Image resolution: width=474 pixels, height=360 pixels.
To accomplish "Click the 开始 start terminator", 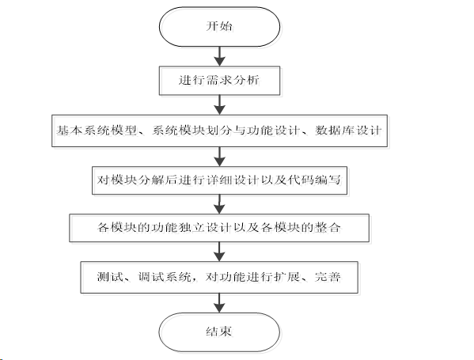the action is point(219,27).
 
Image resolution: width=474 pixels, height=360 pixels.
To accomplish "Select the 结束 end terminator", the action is point(219,332).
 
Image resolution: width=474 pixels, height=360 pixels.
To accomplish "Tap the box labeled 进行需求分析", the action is point(219,81).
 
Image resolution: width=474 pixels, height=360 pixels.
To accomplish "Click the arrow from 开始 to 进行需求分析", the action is point(219,56).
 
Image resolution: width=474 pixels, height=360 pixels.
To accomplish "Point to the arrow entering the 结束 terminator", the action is point(219,303).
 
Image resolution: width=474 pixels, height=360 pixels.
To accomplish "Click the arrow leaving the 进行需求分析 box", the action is point(219,105).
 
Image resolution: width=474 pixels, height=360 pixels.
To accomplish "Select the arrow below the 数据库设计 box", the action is point(219,157).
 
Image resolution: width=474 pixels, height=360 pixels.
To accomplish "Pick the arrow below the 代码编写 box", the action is point(219,204).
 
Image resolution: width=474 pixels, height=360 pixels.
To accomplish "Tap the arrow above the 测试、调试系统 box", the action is point(219,252).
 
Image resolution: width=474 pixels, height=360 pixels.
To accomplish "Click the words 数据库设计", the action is point(348,131).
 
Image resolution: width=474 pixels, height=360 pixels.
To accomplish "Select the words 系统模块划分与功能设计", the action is point(226,131).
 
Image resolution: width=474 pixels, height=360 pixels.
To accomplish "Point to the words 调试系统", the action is point(165,277).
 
